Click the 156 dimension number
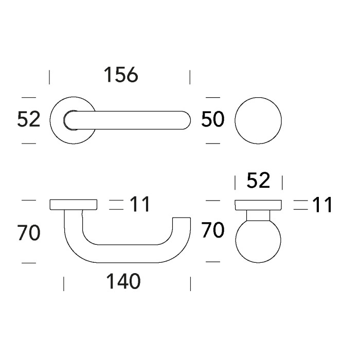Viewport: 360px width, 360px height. [x=121, y=75]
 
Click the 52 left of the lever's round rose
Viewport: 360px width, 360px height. [x=28, y=119]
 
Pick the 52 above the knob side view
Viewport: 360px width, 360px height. [x=258, y=181]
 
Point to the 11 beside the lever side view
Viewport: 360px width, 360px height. [x=139, y=205]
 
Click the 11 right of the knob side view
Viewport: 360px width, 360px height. [x=322, y=205]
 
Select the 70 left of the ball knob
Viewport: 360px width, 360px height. [x=213, y=230]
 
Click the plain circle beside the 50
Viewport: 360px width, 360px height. [x=258, y=120]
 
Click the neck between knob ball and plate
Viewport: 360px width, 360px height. [x=258, y=216]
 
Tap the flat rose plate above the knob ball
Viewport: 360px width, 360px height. [x=258, y=205]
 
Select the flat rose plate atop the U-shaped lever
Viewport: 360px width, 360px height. [x=74, y=205]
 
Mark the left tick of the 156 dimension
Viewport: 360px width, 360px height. [x=49, y=77]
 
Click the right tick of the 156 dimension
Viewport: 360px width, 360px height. [x=190, y=77]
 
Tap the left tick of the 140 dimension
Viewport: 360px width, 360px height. [x=64, y=283]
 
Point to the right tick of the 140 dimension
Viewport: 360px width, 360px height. [x=190, y=283]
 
